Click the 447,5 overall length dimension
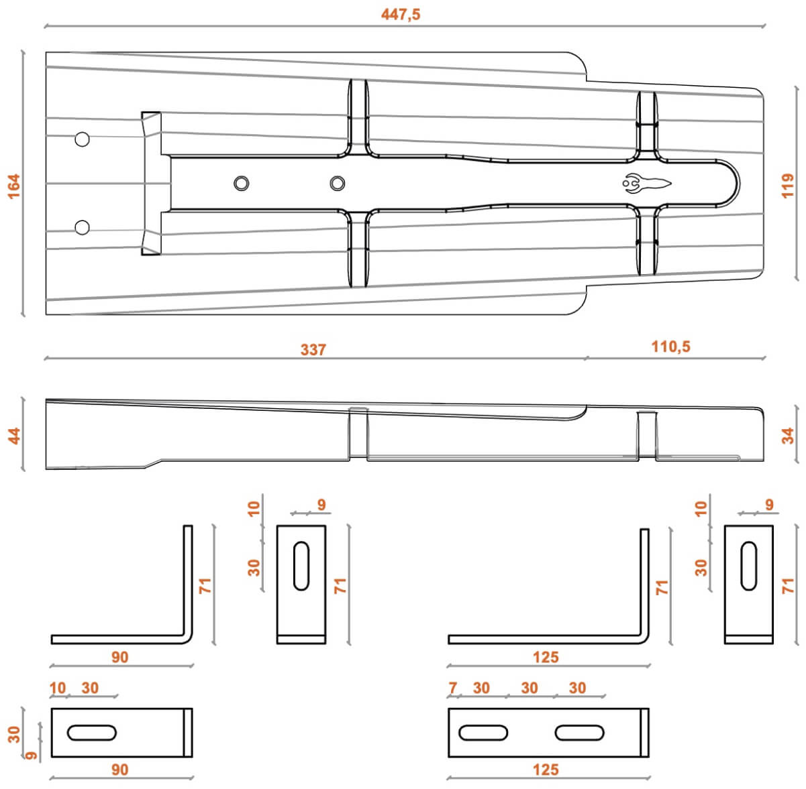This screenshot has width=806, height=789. pos(400,15)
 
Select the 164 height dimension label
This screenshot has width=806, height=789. pos(14,186)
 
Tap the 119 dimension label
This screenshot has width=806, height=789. pos(788,186)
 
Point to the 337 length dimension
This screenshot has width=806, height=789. pos(313,350)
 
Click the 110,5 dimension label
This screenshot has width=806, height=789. pos(670,347)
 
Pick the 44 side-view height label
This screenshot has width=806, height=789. pos(14,436)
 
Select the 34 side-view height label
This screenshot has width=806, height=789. pos(788,436)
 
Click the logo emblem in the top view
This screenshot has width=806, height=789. pos(646,183)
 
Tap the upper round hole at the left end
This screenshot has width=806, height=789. pos(82,139)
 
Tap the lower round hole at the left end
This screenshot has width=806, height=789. pos(82,228)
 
